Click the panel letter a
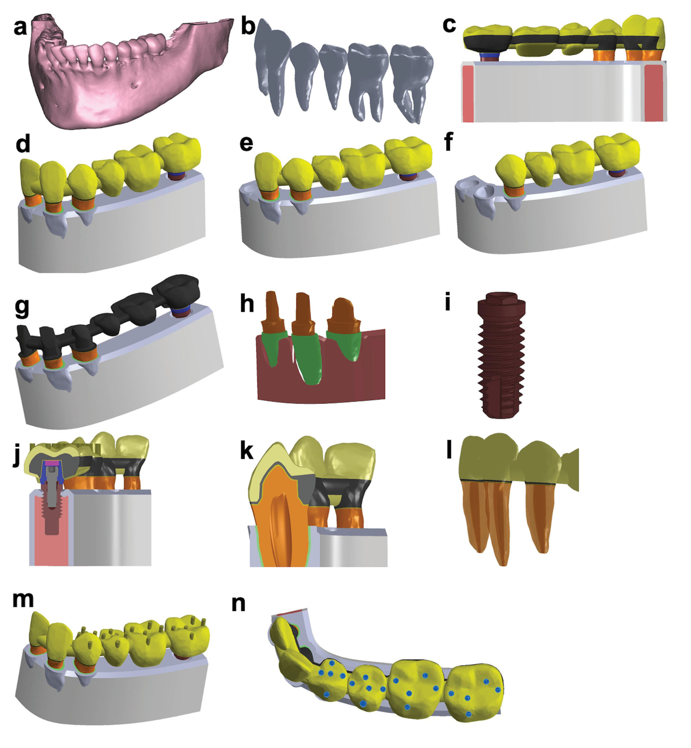pos(20,27)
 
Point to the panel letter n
pos(238,603)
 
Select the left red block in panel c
pos(468,94)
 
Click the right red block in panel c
pos(655,94)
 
